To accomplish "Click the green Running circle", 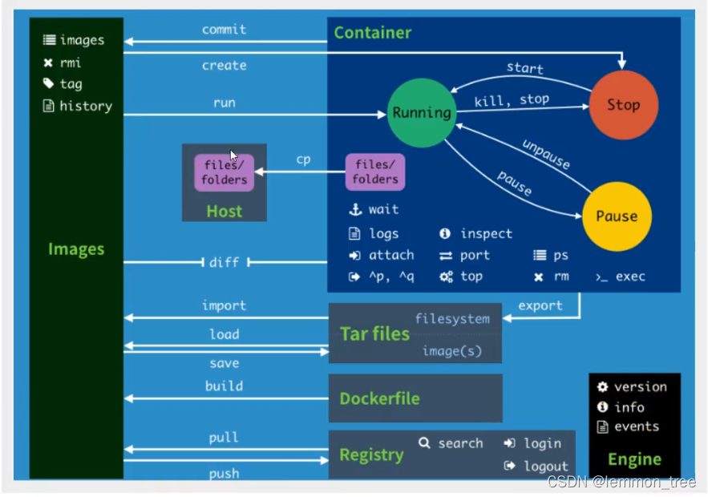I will point(422,113).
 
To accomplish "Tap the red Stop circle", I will point(623,105).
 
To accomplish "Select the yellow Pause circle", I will point(617,216).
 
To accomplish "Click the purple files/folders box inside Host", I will point(224,172).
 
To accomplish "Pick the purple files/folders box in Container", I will point(375,172).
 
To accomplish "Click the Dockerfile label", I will point(379,398).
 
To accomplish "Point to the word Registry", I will point(371,455).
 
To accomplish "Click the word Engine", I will point(634,459).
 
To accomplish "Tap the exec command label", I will point(630,277).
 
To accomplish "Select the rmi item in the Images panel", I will point(70,63).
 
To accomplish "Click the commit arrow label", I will point(225,30).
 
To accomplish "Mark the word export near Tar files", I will point(540,305).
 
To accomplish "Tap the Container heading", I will point(372,33).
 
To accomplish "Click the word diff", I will point(225,262).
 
